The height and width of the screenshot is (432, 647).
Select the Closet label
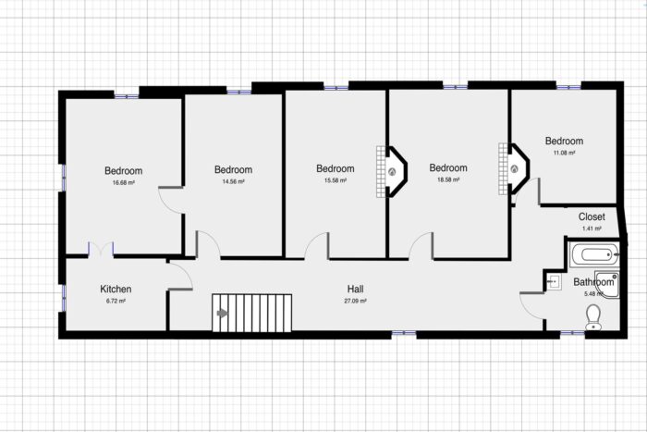click(592, 216)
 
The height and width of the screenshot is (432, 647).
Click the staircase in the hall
click(251, 313)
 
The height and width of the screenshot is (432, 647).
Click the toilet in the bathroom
click(593, 318)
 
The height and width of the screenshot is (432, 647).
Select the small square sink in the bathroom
click(554, 282)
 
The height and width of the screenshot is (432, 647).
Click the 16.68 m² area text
click(123, 183)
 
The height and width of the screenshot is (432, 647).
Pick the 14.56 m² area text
click(233, 182)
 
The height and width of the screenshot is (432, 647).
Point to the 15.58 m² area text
click(335, 181)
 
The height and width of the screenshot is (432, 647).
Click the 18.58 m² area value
click(448, 180)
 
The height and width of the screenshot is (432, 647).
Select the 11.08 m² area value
click(564, 153)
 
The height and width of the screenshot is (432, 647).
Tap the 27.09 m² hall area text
click(356, 301)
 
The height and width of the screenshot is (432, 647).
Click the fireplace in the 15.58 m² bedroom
click(392, 171)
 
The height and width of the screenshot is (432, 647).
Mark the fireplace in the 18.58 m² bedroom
click(515, 170)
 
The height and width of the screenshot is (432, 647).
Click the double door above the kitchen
click(101, 250)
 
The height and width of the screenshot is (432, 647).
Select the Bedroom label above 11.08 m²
click(564, 141)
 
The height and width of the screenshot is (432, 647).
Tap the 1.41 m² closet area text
click(592, 228)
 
